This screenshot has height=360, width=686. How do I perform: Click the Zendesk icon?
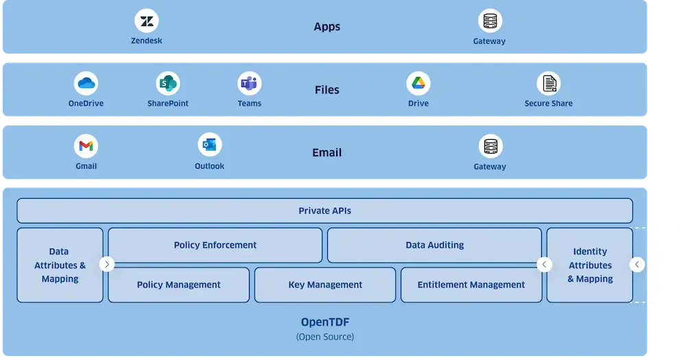click(x=147, y=21)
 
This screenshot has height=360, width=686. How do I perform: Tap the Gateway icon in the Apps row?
click(x=490, y=21)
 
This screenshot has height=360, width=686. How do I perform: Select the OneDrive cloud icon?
click(x=86, y=84)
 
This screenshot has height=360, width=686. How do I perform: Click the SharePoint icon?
click(x=167, y=84)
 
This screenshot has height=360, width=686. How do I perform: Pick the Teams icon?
click(x=249, y=84)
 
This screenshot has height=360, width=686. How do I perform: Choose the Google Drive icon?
click(x=418, y=84)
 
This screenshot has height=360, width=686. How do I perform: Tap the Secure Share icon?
click(x=548, y=84)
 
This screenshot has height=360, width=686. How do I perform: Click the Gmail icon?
click(x=86, y=146)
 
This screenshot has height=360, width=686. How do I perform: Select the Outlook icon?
click(x=209, y=145)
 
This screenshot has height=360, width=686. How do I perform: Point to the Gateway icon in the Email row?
click(x=490, y=146)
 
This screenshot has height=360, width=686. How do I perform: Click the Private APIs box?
click(x=324, y=211)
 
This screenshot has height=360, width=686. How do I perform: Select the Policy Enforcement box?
click(x=215, y=245)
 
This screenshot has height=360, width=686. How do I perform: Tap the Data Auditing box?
click(x=434, y=245)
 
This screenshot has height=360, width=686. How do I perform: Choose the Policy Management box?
click(x=178, y=285)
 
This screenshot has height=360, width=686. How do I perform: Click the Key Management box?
click(x=325, y=285)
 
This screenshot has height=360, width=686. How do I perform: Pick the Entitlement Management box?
click(x=471, y=285)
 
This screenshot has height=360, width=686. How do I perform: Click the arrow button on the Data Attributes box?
click(x=107, y=264)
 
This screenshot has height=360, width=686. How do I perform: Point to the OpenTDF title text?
click(x=324, y=322)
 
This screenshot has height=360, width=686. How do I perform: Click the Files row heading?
click(x=327, y=90)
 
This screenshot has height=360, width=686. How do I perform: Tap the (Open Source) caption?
click(x=324, y=337)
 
